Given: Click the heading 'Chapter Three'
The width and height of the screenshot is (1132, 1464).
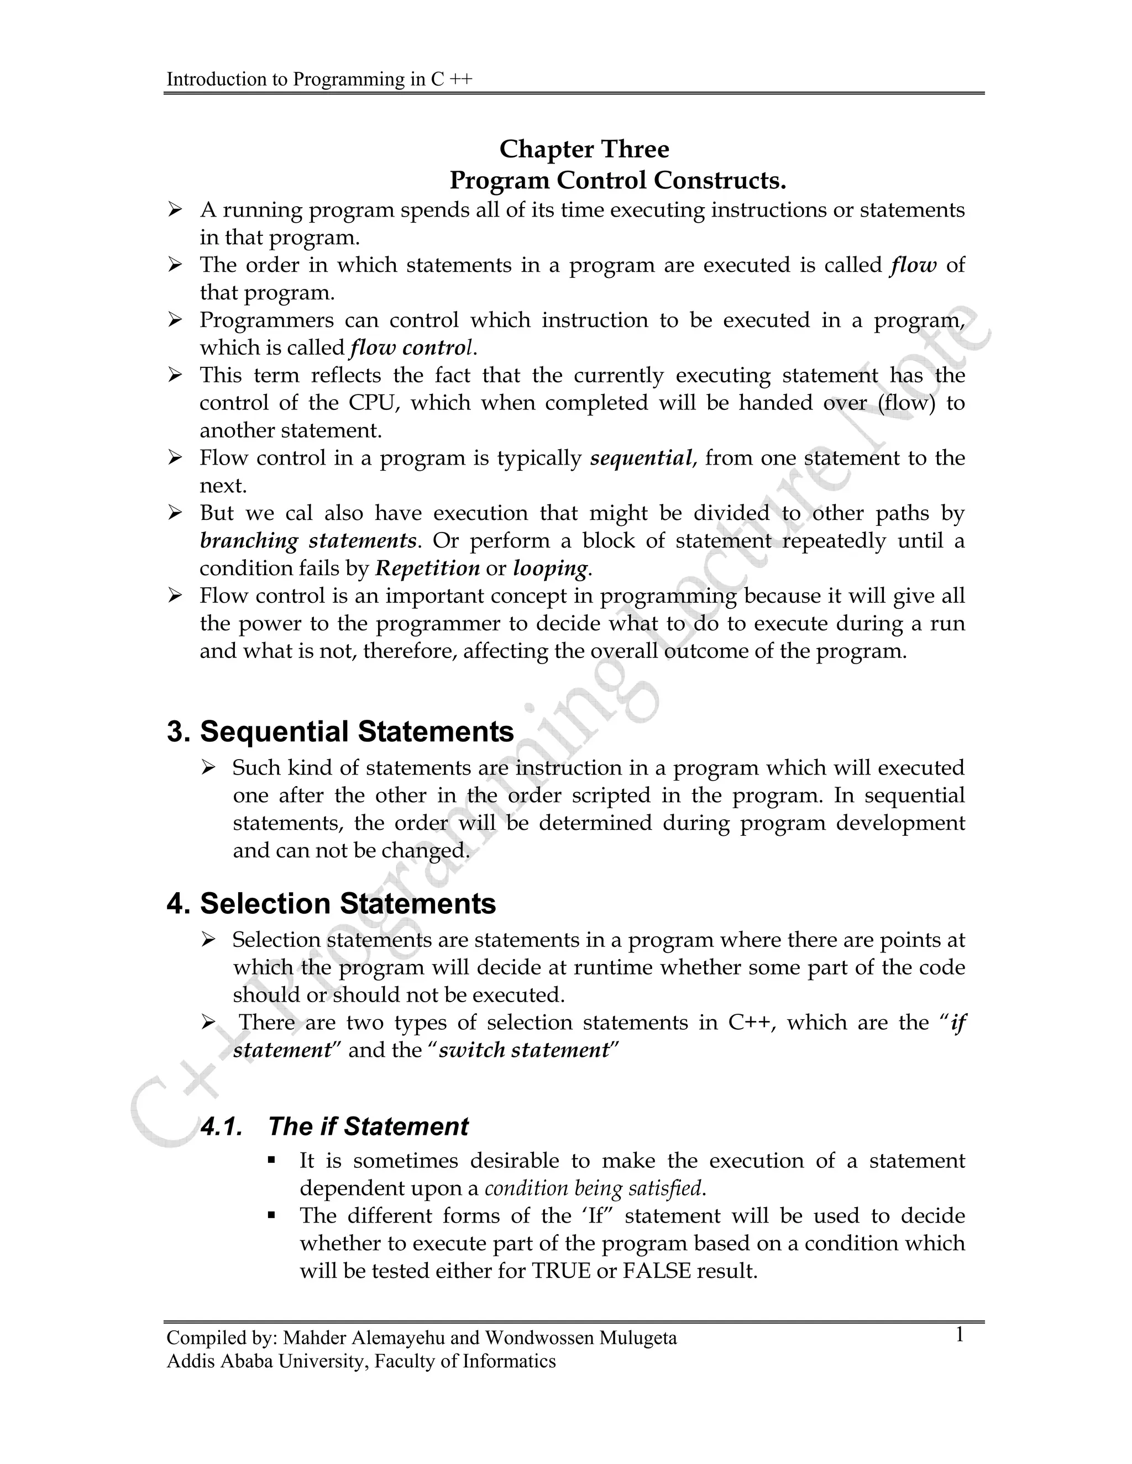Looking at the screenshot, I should pos(584,149).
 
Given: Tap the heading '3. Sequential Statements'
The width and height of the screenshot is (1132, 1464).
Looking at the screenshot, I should pos(340,731).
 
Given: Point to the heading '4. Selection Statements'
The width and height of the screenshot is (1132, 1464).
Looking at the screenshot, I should pos(331,904).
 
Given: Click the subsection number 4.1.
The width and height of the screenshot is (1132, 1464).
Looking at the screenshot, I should pos(221,1126).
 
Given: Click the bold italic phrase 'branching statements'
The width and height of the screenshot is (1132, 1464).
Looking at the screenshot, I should pos(308,540).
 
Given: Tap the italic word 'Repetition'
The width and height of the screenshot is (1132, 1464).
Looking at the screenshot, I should pos(427,568).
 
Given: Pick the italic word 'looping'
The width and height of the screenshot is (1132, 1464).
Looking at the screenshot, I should pos(550,568).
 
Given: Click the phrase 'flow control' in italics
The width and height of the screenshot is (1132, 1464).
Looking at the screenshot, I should pos(411,348).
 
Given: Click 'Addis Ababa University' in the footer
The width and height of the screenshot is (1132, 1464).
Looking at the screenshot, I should pos(265,1361).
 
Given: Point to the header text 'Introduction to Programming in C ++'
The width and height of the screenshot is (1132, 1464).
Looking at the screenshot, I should pos(319,79).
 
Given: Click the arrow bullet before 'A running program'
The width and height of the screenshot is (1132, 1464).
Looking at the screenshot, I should pos(175,210).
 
